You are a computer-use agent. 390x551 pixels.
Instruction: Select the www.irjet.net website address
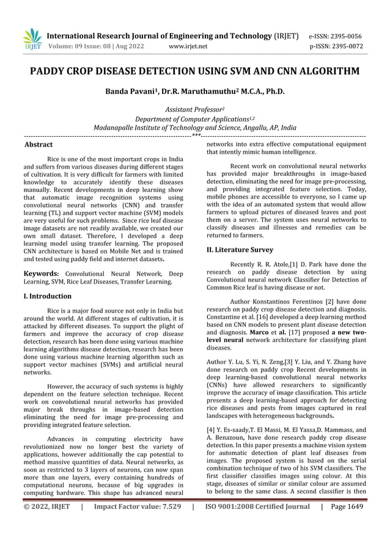coord(187,46)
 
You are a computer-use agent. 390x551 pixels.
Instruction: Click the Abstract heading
coord(38,145)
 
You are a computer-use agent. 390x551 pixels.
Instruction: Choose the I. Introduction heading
coord(47,296)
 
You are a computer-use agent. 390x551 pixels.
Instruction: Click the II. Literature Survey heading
coord(239,250)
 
